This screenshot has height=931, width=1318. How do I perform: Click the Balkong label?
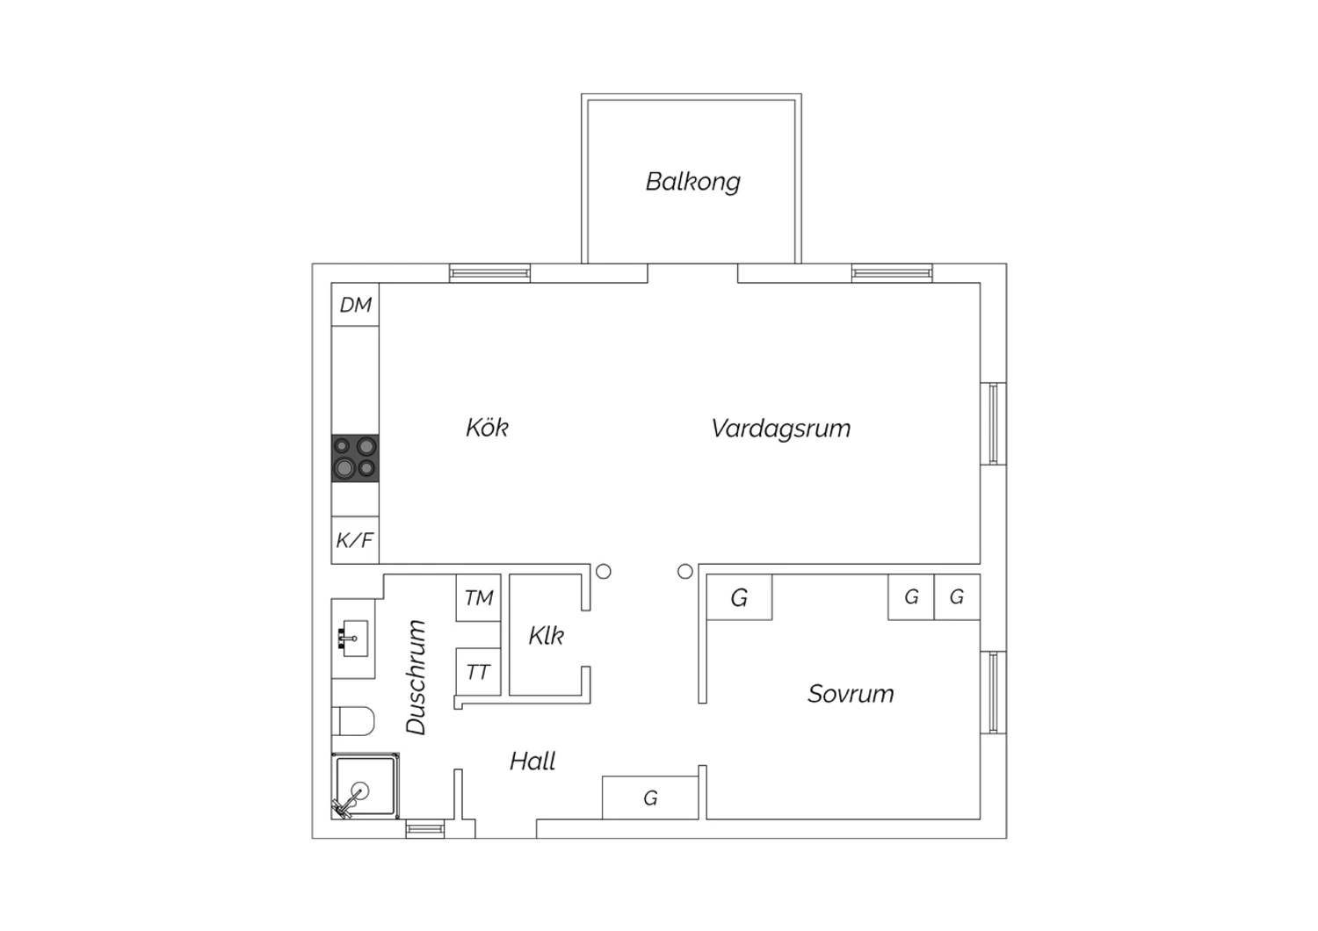692,182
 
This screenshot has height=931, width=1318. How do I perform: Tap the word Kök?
487,428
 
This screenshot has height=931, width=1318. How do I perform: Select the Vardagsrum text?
781,429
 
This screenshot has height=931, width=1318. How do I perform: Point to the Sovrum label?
851,694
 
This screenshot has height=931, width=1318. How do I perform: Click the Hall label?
532,761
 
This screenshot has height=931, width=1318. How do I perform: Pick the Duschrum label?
416,677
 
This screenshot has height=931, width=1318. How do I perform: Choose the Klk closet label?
546,636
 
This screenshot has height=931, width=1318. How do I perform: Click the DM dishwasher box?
355,305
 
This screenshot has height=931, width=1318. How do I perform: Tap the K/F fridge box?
355,540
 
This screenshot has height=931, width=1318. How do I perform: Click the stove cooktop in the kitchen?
355,458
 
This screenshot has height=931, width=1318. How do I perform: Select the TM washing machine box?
478,597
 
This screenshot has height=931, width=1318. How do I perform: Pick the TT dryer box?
478,672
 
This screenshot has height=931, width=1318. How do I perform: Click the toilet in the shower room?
353,721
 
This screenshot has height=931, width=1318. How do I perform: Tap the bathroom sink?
355,639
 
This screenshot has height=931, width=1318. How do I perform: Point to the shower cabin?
366,786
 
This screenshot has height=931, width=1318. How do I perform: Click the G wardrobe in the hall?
650,797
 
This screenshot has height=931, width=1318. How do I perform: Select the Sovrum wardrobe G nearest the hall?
739,597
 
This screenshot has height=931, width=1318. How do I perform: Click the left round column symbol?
603,571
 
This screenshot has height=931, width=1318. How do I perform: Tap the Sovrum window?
993,692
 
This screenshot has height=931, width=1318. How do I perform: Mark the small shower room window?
424,828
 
